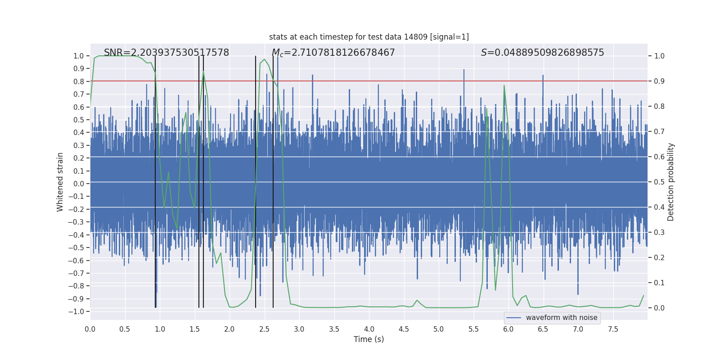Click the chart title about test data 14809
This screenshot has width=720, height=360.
click(x=369, y=37)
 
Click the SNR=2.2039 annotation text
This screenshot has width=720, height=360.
click(x=166, y=53)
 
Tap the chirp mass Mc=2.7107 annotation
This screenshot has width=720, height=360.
click(x=333, y=53)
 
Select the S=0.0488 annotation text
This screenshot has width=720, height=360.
click(x=542, y=53)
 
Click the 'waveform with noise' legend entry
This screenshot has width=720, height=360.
click(x=561, y=318)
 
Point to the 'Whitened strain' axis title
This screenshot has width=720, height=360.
click(x=60, y=182)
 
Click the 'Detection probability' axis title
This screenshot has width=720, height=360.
click(x=670, y=182)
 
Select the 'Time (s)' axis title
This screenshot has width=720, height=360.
click(x=369, y=339)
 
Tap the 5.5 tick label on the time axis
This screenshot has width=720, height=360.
click(x=473, y=329)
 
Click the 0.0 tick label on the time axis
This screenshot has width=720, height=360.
click(x=90, y=329)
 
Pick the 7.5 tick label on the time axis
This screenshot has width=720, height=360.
click(x=613, y=329)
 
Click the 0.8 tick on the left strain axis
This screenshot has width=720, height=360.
click(x=79, y=81)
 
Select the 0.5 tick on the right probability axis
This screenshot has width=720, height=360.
click(x=659, y=182)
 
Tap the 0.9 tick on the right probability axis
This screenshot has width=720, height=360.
click(x=659, y=81)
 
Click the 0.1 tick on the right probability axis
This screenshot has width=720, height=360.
click(x=659, y=283)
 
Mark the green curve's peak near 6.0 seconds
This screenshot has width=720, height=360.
click(x=504, y=85)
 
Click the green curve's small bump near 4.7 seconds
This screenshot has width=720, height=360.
click(x=417, y=300)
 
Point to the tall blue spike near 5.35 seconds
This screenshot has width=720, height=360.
click(x=464, y=70)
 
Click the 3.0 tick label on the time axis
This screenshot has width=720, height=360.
click(x=299, y=329)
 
